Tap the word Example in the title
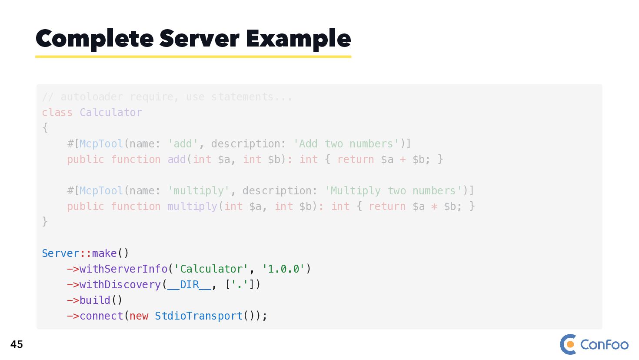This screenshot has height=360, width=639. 298,39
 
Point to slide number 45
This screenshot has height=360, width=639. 17,344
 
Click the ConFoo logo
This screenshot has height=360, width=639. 594,344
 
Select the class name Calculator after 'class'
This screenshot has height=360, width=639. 111,113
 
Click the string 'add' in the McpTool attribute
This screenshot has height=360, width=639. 183,144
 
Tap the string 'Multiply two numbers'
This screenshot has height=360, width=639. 393,191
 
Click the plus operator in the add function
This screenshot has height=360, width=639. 403,160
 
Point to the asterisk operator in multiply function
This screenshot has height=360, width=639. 434,207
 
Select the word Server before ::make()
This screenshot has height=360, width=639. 60,253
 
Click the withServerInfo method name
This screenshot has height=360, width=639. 123,269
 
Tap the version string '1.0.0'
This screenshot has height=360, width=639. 283,269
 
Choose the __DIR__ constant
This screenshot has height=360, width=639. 190,285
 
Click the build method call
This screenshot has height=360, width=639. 95,300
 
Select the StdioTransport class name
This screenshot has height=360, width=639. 199,316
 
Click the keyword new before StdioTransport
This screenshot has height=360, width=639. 139,316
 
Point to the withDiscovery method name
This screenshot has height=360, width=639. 120,285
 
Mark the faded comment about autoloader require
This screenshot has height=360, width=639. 167,97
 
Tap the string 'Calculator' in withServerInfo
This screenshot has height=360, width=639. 211,269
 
